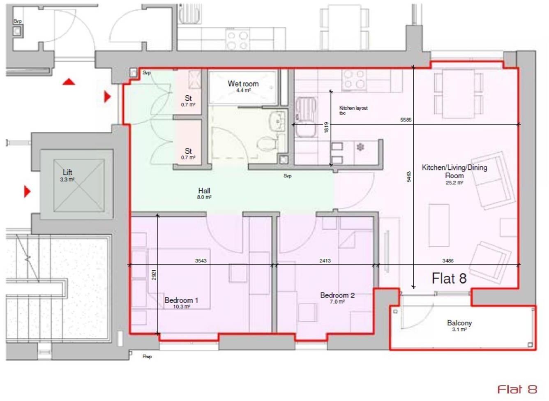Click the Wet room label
pyautogui.click(x=243, y=84)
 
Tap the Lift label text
pyautogui.click(x=67, y=173)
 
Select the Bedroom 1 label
pyautogui.click(x=181, y=300)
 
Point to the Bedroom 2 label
pyautogui.click(x=337, y=295)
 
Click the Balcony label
pyautogui.click(x=459, y=323)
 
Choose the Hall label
pyautogui.click(x=204, y=191)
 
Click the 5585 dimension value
pyautogui.click(x=406, y=120)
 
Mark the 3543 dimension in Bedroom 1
pyautogui.click(x=201, y=261)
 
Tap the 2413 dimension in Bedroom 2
pyautogui.click(x=325, y=260)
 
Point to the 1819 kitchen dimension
pyautogui.click(x=326, y=127)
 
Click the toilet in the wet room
pyautogui.click(x=267, y=143)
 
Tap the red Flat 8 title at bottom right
pyautogui.click(x=517, y=389)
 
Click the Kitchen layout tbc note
pyautogui.click(x=353, y=110)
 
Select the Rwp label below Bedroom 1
pyautogui.click(x=147, y=357)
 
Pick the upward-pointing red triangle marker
pyautogui.click(x=69, y=82)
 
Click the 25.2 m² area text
pyautogui.click(x=454, y=183)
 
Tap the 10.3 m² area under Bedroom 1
pyautogui.click(x=181, y=307)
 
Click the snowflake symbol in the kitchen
pyautogui.click(x=360, y=147)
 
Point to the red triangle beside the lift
pyautogui.click(x=27, y=191)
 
